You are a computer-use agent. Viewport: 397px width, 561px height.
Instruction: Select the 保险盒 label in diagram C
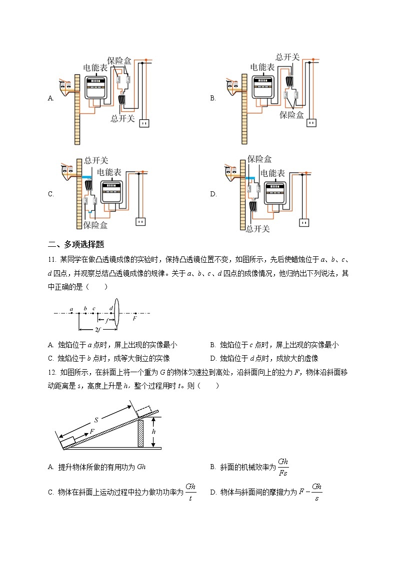[x=95, y=225]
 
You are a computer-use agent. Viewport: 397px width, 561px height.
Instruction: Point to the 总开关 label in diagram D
[x=258, y=229]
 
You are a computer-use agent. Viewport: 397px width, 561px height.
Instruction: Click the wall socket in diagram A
[x=143, y=121]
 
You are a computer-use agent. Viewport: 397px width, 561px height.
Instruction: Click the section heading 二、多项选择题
[x=75, y=244]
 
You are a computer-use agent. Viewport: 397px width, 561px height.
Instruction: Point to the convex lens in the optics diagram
[x=116, y=313]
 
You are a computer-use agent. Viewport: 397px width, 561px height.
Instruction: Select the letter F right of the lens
[x=135, y=318]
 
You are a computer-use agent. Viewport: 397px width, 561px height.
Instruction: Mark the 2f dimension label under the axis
[x=97, y=330]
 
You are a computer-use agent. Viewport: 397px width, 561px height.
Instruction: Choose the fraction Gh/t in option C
[x=190, y=492]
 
